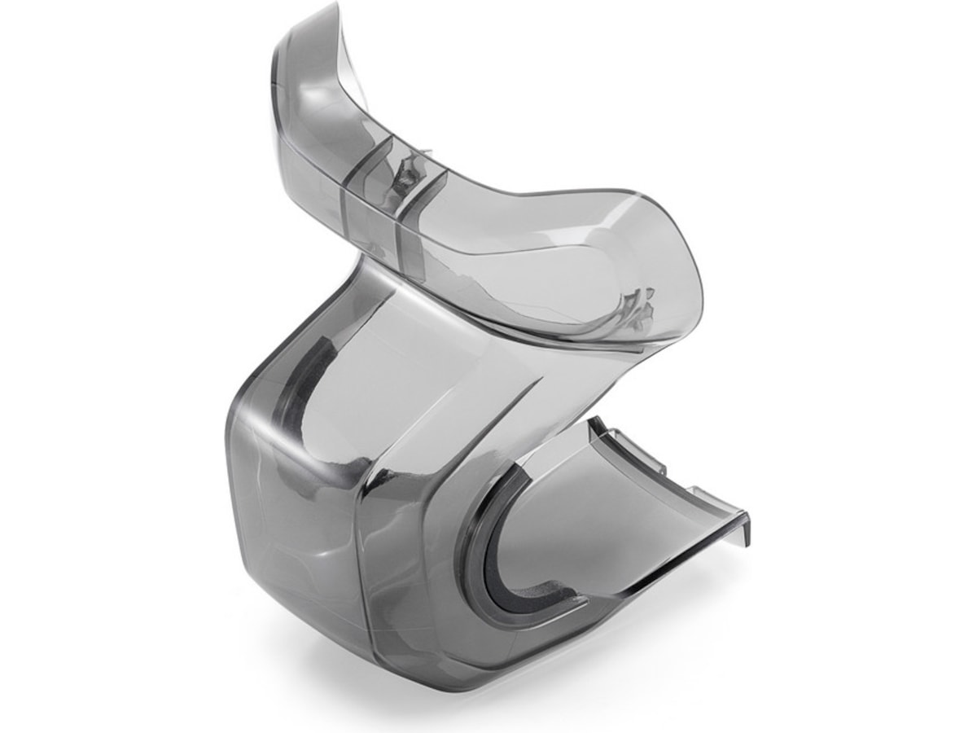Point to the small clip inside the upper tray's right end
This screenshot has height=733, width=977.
pos(635,305)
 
